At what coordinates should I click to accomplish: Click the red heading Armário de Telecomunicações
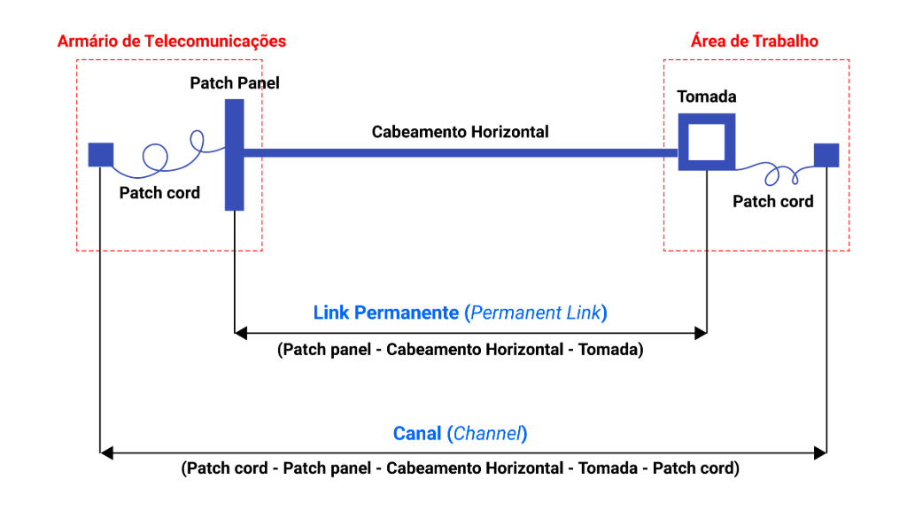(x=171, y=42)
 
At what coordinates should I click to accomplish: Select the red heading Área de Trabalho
(x=754, y=42)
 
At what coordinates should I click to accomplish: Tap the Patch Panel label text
(x=235, y=83)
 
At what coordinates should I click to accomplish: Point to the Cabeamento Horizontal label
(x=460, y=132)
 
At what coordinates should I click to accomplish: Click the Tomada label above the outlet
(x=707, y=97)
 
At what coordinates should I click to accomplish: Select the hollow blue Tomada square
(x=707, y=142)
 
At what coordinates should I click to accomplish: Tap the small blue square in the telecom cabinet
(x=101, y=155)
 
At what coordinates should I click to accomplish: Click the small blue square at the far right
(x=826, y=155)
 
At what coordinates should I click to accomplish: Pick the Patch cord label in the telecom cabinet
(x=159, y=193)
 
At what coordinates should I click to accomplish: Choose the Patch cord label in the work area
(x=772, y=202)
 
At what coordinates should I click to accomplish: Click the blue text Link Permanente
(x=386, y=313)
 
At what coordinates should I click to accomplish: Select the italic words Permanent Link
(x=535, y=313)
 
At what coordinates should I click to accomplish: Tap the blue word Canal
(x=417, y=434)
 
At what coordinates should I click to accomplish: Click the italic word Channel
(x=488, y=434)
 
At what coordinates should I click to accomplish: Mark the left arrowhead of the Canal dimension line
(x=106, y=453)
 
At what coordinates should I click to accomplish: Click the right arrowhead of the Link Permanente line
(x=701, y=333)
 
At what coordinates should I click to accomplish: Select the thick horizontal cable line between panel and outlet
(x=461, y=153)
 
